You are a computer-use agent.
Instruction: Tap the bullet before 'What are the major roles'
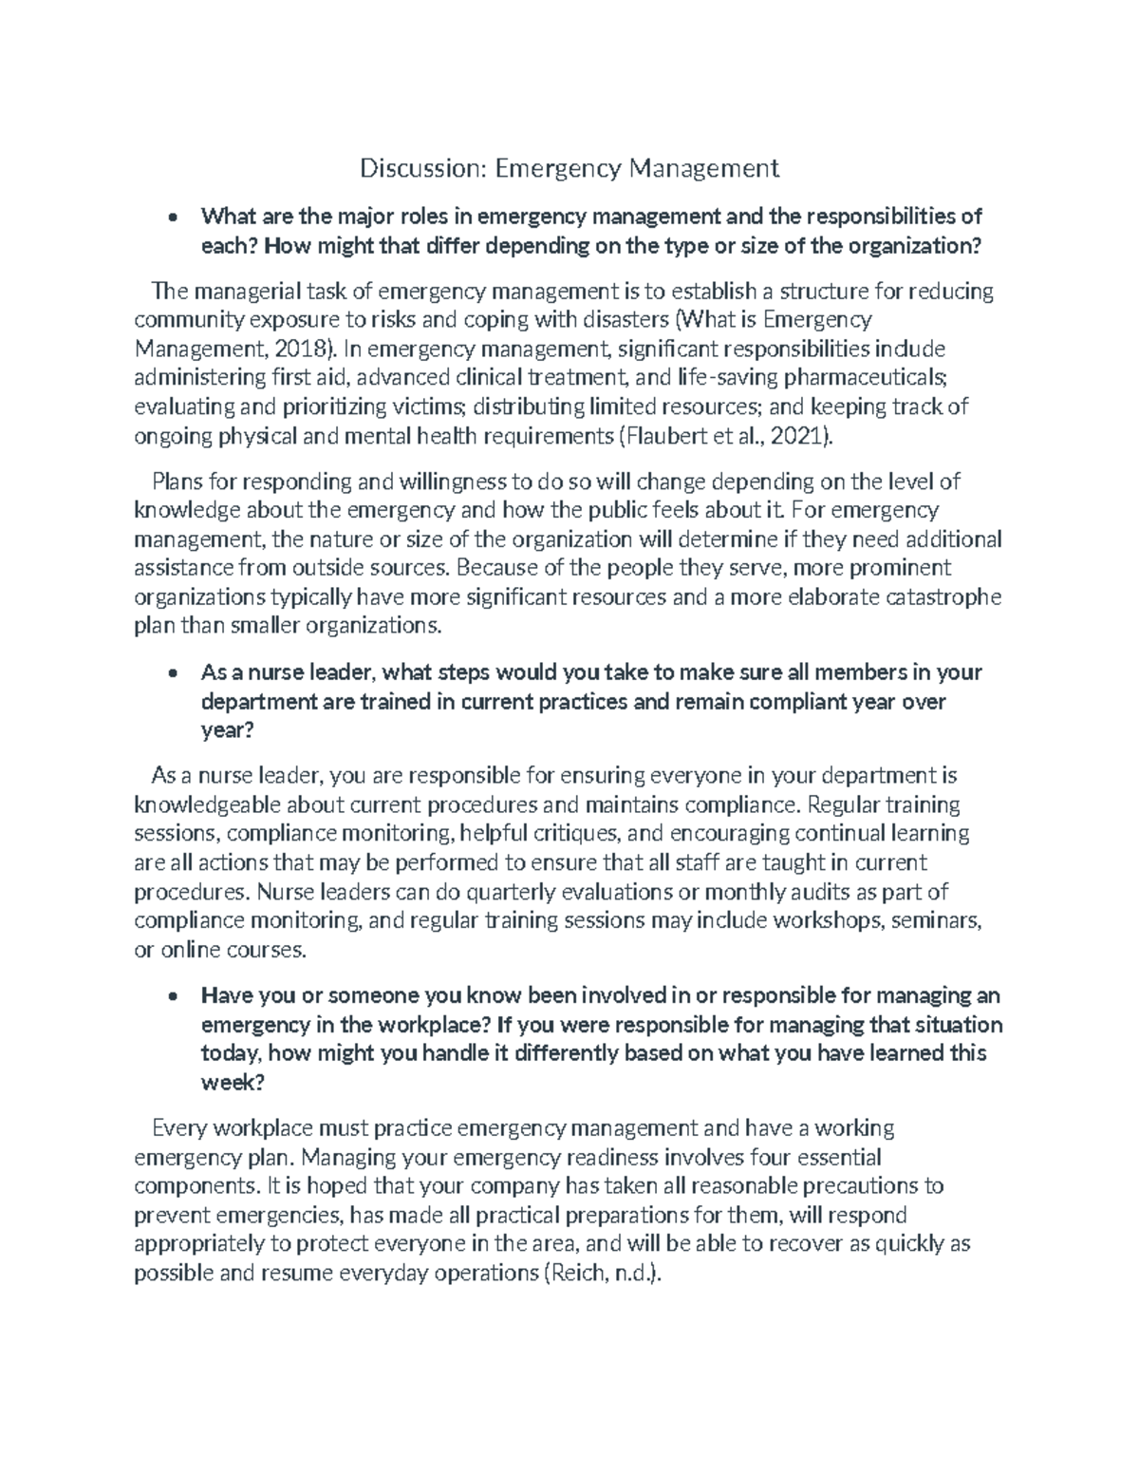pyautogui.click(x=172, y=217)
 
